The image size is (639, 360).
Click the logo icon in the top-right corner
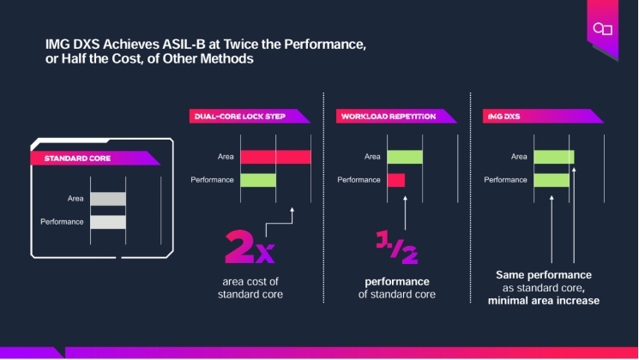(x=601, y=29)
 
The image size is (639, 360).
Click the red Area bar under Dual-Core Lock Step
(x=275, y=157)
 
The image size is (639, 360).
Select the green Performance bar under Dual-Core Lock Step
(x=258, y=180)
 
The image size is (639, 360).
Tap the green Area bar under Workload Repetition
(x=405, y=157)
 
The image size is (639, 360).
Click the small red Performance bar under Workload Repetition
(x=395, y=180)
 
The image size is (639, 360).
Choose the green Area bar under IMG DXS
(x=553, y=157)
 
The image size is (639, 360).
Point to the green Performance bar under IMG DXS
(x=551, y=180)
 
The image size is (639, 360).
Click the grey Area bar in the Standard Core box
(x=108, y=199)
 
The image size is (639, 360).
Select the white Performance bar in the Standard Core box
(x=108, y=222)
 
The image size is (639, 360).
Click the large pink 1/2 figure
(x=396, y=246)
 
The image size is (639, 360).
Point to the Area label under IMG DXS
(x=519, y=157)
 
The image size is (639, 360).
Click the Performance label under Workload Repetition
(x=359, y=180)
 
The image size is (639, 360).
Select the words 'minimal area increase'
(x=543, y=301)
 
